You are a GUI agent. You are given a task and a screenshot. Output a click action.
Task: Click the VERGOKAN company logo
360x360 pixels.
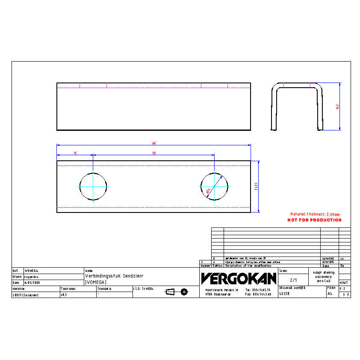coord(239,279)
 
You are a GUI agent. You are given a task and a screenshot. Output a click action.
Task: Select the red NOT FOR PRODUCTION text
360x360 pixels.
coord(314,220)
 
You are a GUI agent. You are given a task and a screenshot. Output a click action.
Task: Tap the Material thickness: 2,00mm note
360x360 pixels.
coord(315,214)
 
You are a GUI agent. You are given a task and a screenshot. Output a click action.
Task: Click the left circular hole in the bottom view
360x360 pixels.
coord(93,186)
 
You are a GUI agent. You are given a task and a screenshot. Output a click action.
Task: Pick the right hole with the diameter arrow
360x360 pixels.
coord(215,186)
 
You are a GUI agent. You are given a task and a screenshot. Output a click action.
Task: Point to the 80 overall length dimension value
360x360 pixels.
coord(153,144)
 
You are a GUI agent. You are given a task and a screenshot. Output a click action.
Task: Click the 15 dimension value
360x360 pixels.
coord(75,153)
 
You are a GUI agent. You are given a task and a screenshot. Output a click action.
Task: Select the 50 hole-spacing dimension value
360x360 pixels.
coord(153,153)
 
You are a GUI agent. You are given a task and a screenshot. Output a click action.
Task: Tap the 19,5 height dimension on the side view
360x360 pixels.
coord(337,106)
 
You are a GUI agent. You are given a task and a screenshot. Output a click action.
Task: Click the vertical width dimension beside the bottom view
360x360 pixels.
coord(256,186)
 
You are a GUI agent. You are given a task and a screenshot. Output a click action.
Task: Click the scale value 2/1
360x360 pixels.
coord(293,280)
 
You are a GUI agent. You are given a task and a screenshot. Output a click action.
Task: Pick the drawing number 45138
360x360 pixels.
coord(284,294)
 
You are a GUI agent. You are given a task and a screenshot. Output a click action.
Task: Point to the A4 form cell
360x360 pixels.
coord(330,294)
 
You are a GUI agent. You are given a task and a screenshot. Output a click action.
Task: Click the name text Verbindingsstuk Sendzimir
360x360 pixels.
coord(114,276)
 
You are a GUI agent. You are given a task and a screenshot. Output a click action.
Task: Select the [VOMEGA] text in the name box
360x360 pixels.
coord(96,282)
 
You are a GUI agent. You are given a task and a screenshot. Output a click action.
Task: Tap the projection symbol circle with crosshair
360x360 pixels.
coord(184,292)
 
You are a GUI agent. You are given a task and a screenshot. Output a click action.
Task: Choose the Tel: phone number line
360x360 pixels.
coord(258,289)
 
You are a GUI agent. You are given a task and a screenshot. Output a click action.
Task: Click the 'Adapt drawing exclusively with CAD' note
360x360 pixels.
coord(323,276)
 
